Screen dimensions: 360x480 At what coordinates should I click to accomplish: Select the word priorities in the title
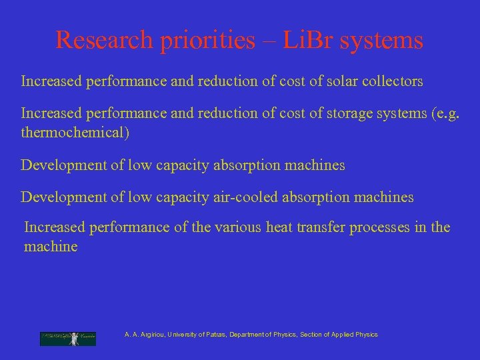(x=207, y=41)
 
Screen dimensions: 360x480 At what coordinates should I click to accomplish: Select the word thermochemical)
(x=75, y=133)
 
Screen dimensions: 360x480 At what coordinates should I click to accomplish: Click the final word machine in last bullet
(x=51, y=247)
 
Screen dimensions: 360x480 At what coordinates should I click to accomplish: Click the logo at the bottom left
(x=67, y=339)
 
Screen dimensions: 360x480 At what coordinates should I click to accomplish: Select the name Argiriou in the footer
(x=153, y=335)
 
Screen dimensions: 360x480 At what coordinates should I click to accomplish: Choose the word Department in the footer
(x=247, y=335)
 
